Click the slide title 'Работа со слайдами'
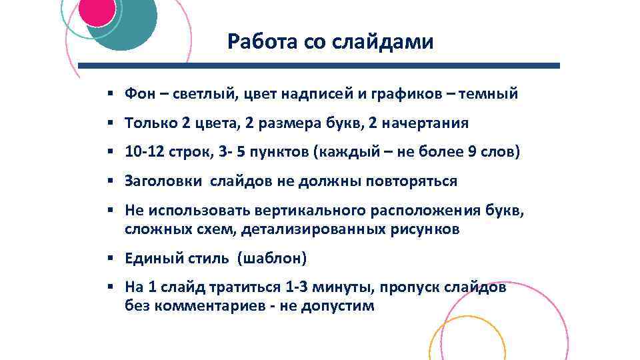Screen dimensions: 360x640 pos(330,42)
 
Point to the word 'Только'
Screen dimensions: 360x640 pos(147,123)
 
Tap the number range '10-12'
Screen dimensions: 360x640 pos(144,152)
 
